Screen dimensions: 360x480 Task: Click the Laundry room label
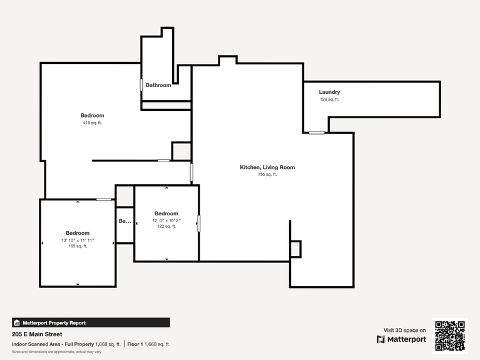click(329, 92)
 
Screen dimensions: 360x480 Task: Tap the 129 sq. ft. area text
click(329, 100)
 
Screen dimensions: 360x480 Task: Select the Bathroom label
click(158, 85)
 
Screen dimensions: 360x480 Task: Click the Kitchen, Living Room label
click(267, 167)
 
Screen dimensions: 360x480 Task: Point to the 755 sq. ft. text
click(267, 175)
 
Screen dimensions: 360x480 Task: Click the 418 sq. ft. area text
click(92, 123)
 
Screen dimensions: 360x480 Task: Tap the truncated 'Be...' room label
click(125, 221)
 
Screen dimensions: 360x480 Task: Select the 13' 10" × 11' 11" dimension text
click(78, 240)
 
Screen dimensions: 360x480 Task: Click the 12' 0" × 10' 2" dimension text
click(166, 220)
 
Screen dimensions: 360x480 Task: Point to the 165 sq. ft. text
click(78, 247)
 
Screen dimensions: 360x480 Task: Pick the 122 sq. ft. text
click(166, 227)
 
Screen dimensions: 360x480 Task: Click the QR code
click(449, 336)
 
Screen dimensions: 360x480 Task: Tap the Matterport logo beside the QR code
click(401, 339)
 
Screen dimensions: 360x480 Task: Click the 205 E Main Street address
click(37, 334)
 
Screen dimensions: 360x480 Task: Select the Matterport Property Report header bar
click(91, 322)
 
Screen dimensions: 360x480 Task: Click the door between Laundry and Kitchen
click(317, 133)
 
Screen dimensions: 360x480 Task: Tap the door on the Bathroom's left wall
click(141, 86)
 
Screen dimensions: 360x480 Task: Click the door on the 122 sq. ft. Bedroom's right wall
click(199, 224)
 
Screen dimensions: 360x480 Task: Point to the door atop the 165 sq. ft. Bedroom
click(104, 200)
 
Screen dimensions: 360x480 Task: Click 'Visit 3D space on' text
click(404, 330)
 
